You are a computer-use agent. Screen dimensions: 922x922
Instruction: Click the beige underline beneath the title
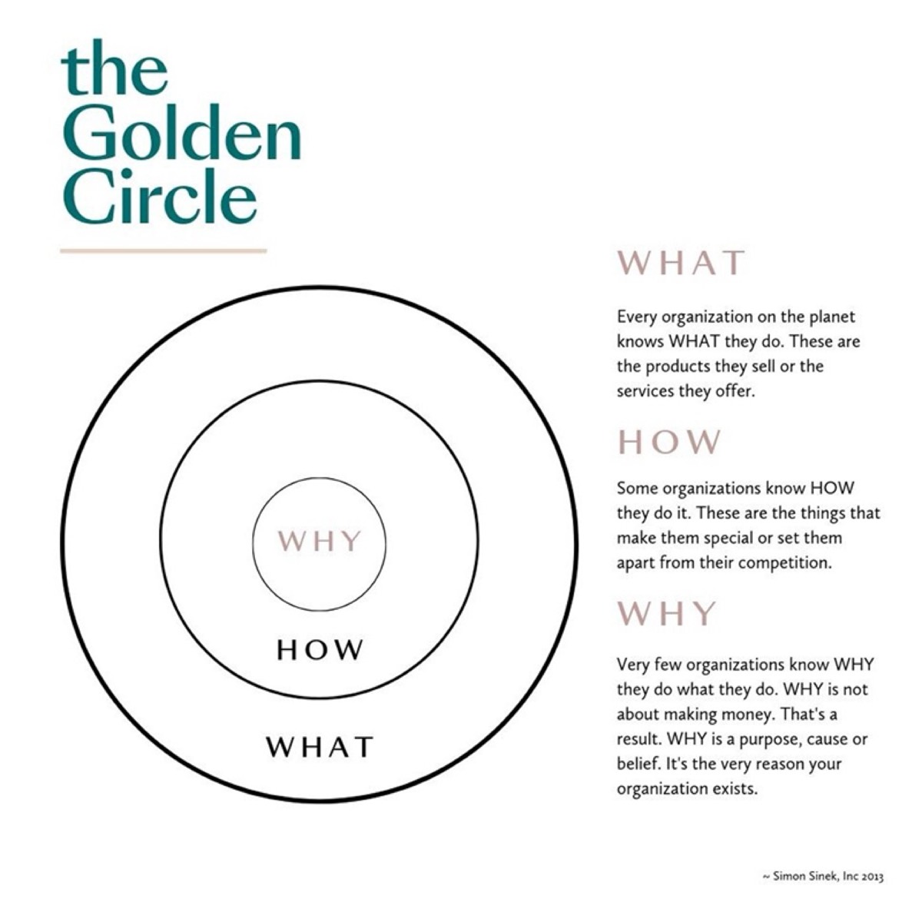(163, 250)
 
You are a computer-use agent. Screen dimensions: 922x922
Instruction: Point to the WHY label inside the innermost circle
(319, 541)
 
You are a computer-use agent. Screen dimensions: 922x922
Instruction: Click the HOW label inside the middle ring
(320, 650)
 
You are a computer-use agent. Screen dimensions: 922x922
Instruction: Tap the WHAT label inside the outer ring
(320, 747)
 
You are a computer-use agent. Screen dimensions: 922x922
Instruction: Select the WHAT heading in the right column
(681, 263)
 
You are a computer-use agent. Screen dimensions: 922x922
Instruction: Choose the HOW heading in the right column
(669, 442)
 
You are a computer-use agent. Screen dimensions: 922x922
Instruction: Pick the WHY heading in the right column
(666, 613)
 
